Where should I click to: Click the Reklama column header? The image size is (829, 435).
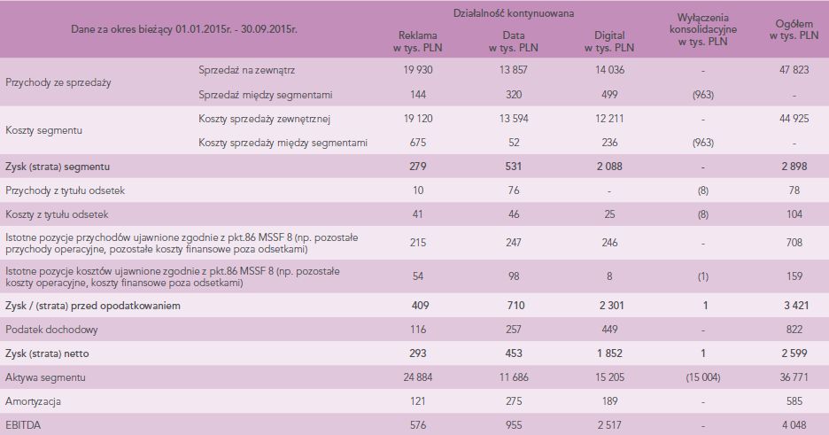(415, 41)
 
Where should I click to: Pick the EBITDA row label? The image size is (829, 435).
(23, 424)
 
